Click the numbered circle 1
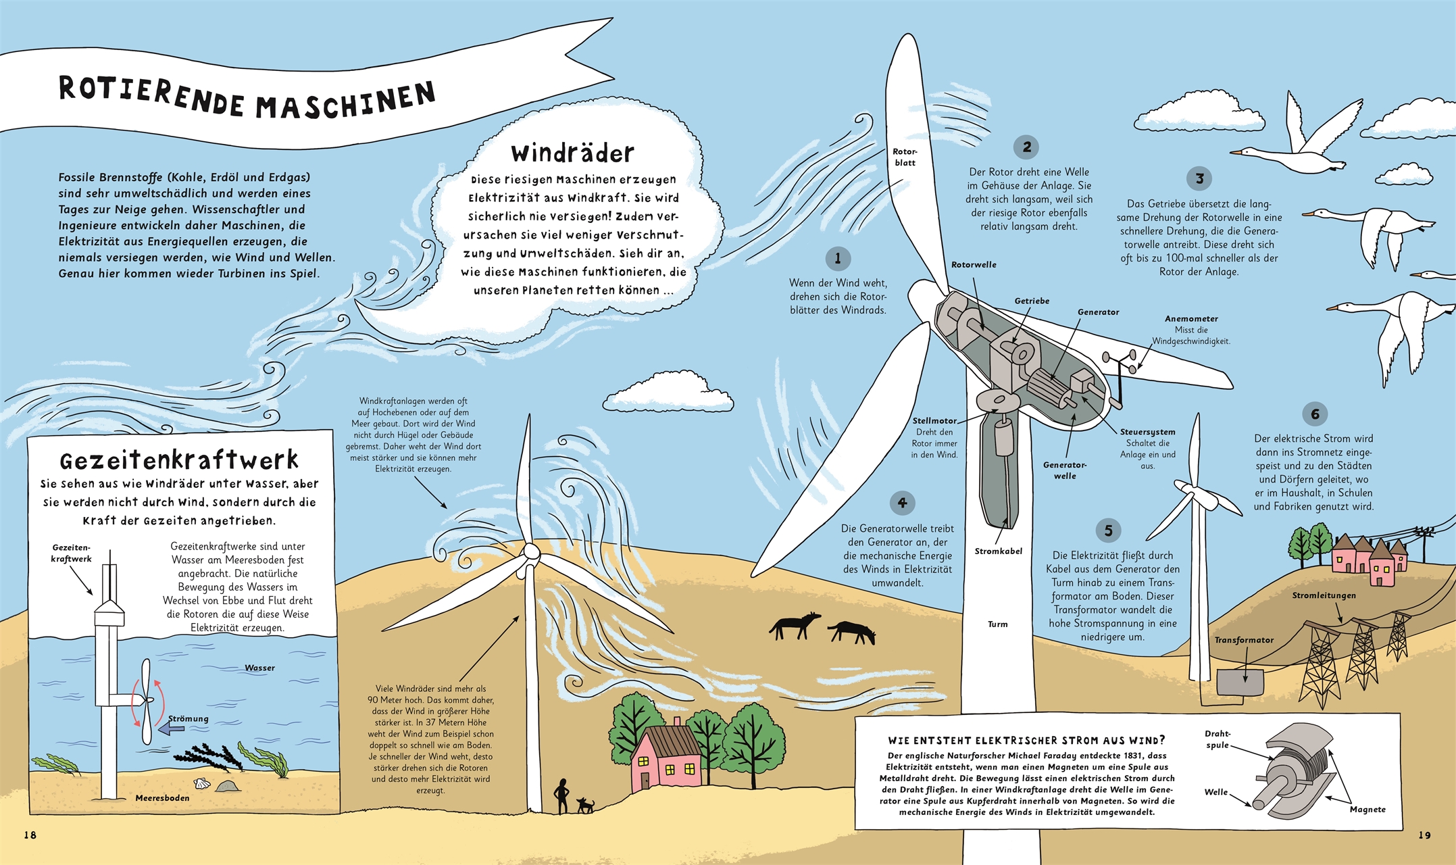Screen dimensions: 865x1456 tap(838, 258)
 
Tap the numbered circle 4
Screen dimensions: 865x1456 tap(902, 503)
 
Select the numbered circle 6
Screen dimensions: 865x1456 tap(1315, 414)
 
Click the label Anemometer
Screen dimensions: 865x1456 tap(1191, 318)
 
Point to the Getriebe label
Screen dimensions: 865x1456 tap(1032, 301)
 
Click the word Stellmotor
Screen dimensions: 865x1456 tap(934, 420)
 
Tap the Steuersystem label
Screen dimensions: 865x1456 tap(1147, 432)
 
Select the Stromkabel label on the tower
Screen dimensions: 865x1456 tap(998, 551)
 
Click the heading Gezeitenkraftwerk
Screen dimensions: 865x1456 tap(179, 460)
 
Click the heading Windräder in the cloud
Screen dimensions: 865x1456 tap(572, 153)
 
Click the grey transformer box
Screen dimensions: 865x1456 tap(1240, 683)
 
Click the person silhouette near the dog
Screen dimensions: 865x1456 tap(561, 796)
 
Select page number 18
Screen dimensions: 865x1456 tap(30, 835)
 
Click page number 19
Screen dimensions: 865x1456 tap(1424, 835)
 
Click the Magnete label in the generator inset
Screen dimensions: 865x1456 tap(1367, 809)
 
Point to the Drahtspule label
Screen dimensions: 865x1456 tap(1217, 739)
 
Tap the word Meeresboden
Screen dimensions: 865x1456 tap(162, 798)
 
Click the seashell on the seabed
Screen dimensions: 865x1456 tap(201, 783)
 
